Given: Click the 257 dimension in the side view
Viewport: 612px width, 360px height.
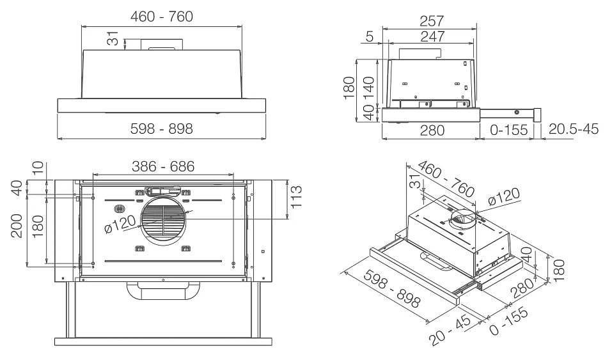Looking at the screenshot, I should coord(428,20).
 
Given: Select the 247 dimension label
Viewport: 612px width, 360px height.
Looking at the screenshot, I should coord(428,37).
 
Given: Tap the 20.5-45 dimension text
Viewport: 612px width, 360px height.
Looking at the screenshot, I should coord(573,130).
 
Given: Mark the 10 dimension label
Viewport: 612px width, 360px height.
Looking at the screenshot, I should coord(39,169).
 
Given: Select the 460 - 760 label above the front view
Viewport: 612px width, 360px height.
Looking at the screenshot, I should coord(162,15).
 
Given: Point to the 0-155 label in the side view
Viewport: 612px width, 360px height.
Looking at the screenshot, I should coord(508,130).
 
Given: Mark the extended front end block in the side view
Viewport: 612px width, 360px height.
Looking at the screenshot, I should coord(537,116).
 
